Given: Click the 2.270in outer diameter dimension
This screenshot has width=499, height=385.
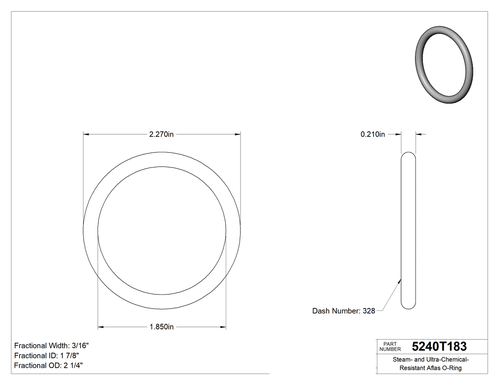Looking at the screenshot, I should pyautogui.click(x=162, y=134).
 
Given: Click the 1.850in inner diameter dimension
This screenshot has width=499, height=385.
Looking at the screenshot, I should pyautogui.click(x=162, y=327).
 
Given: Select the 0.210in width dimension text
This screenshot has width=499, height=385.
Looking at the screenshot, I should pyautogui.click(x=373, y=134).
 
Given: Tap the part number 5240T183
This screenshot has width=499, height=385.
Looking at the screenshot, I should pyautogui.click(x=439, y=347).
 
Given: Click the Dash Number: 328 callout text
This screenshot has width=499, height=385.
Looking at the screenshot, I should pyautogui.click(x=343, y=311).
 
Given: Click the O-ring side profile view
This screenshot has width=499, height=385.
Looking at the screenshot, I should pyautogui.click(x=408, y=230).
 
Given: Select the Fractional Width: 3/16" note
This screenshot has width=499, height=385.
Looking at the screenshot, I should pyautogui.click(x=51, y=346).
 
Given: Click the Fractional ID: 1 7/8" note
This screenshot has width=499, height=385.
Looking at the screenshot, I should pyautogui.click(x=47, y=356).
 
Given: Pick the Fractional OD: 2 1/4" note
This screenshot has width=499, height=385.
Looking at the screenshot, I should pyautogui.click(x=49, y=366).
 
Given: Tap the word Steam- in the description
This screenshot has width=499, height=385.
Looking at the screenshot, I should pyautogui.click(x=402, y=360).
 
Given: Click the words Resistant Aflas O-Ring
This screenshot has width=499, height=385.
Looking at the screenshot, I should pyautogui.click(x=431, y=368).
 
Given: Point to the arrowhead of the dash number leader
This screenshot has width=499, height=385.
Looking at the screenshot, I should pyautogui.click(x=400, y=281).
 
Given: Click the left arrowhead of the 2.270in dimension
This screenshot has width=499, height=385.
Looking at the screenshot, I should pyautogui.click(x=86, y=134).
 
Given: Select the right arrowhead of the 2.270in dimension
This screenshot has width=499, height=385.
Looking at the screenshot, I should pyautogui.click(x=237, y=134).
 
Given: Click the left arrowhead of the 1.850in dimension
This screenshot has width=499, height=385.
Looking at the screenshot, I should pyautogui.click(x=101, y=327).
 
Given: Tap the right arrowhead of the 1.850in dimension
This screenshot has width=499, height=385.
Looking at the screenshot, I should pyautogui.click(x=223, y=327).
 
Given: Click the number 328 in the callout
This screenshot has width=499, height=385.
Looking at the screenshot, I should pyautogui.click(x=369, y=311).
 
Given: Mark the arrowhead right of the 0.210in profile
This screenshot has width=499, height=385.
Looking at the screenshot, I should pyautogui.click(x=419, y=134).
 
